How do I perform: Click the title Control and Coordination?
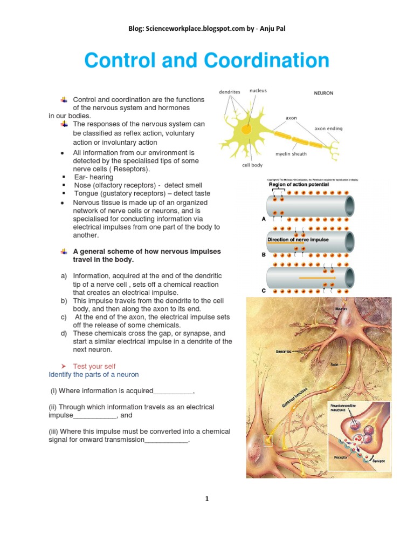coord(207,60)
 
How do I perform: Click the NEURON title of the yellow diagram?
coord(323,93)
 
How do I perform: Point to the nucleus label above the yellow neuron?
coord(258,91)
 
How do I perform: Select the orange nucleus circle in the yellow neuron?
coord(246,130)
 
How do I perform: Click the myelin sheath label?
coord(291,153)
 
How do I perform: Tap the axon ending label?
coord(328,129)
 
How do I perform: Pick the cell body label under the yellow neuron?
coord(252,165)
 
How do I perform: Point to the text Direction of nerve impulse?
coord(298,239)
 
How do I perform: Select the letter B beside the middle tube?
coord(264,254)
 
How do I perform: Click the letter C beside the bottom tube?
coord(264,291)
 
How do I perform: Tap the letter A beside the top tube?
coord(264,219)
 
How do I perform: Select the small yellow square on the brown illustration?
coord(268,441)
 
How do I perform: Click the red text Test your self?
coord(94,366)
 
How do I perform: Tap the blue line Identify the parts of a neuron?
coord(94,374)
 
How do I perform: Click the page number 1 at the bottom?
coord(206,499)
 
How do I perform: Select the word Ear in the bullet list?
coord(79,177)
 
